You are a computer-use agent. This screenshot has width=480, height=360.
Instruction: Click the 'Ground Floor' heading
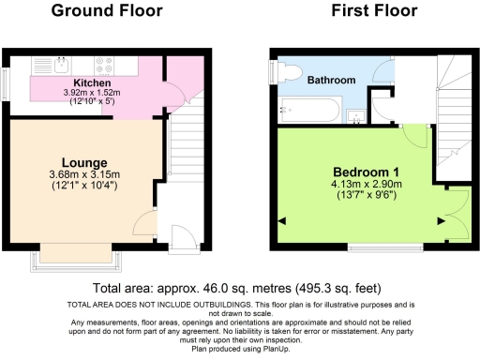click(x=106, y=11)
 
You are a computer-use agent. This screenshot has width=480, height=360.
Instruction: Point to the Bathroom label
click(x=332, y=81)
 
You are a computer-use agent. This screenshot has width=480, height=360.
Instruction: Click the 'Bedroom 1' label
click(x=360, y=172)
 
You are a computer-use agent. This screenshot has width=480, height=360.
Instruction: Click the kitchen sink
click(x=59, y=65)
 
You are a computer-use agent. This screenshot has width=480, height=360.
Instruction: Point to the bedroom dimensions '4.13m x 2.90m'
click(x=361, y=185)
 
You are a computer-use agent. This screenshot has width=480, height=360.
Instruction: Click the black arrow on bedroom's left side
click(x=282, y=221)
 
